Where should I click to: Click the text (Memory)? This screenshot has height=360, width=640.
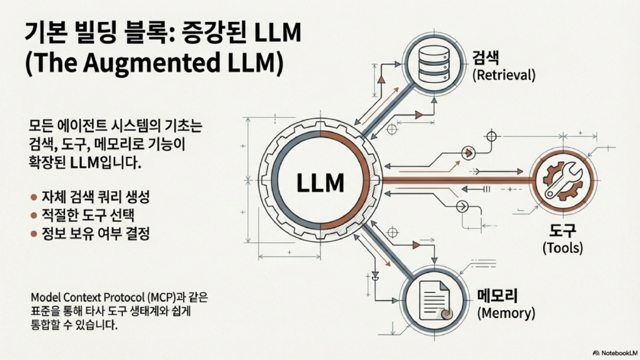pyautogui.click(x=505, y=311)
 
